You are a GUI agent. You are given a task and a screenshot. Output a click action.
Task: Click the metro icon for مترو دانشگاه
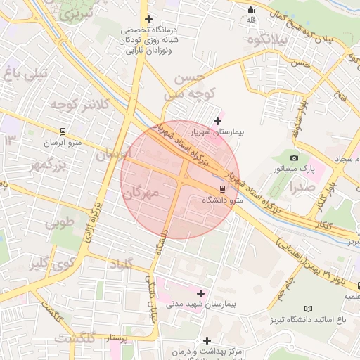click(x=223, y=188)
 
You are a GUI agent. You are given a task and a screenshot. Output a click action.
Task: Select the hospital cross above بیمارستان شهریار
click(x=217, y=121)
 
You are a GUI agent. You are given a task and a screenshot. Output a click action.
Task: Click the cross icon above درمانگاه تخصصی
click(x=148, y=19)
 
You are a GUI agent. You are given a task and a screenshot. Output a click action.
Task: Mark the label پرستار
click(x=117, y=338)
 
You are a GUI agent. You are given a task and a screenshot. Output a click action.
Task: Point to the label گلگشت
click(x=75, y=340)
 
